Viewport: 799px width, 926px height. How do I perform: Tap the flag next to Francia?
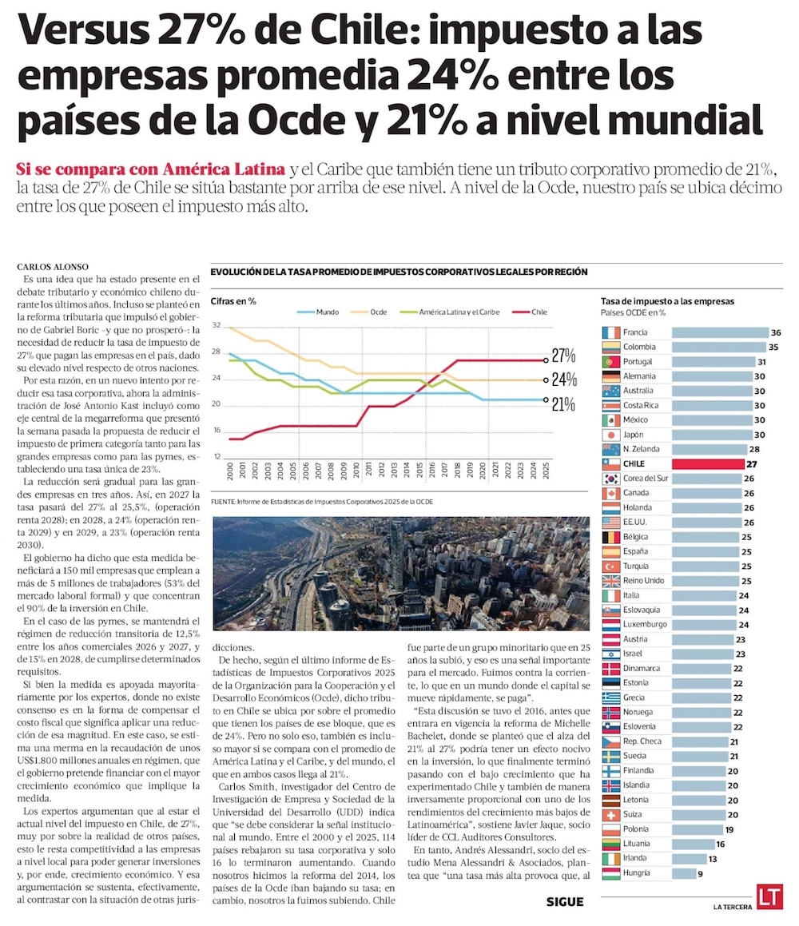click(x=611, y=332)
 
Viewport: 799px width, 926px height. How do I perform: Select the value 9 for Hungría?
click(x=700, y=873)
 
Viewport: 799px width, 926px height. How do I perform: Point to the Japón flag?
click(x=611, y=435)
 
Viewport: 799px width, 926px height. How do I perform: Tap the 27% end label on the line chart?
click(x=563, y=356)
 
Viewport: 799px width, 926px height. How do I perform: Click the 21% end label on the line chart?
click(x=563, y=403)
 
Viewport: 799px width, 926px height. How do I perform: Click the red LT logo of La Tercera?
click(x=770, y=896)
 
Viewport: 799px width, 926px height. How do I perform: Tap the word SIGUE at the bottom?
click(x=565, y=902)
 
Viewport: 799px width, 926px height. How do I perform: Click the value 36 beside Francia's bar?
click(x=774, y=332)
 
